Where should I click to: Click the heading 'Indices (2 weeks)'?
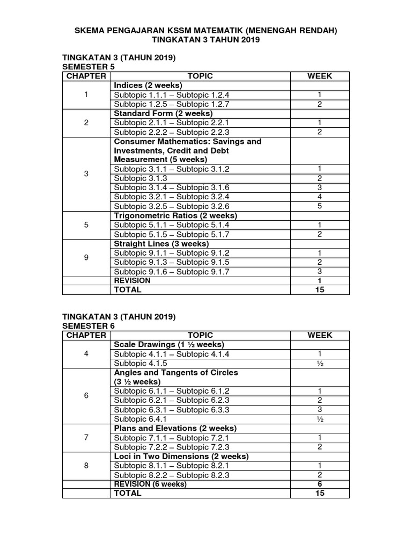click(148, 85)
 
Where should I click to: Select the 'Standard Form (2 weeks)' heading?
click(163, 113)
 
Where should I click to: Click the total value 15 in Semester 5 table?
click(320, 290)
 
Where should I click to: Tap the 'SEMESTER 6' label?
click(89, 325)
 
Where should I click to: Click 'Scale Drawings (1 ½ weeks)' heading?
click(169, 344)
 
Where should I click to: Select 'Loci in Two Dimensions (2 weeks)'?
click(181, 456)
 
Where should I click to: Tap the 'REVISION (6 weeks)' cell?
click(150, 484)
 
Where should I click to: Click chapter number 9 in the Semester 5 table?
click(86, 258)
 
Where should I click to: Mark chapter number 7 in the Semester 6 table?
click(86, 437)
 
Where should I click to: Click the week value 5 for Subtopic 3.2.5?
click(320, 206)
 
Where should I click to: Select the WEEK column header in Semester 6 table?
click(320, 335)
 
